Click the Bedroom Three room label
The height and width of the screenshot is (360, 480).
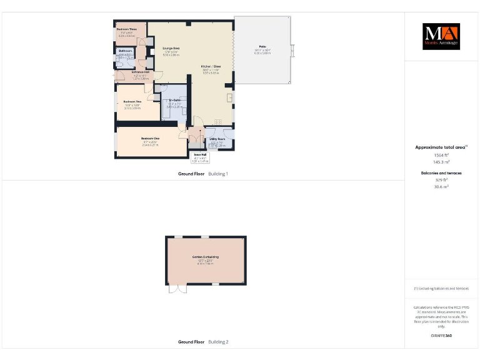pyautogui.click(x=127, y=29)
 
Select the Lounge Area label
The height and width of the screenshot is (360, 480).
pyautogui.click(x=171, y=48)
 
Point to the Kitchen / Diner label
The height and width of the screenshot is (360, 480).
pyautogui.click(x=210, y=66)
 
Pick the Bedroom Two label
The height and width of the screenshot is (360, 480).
pyautogui.click(x=132, y=101)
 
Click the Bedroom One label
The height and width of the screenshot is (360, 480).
pyautogui.click(x=151, y=138)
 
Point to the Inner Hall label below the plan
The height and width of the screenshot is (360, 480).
pyautogui.click(x=200, y=154)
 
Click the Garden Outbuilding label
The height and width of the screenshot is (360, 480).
pyautogui.click(x=205, y=257)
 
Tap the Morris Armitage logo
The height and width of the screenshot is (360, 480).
pyautogui.click(x=441, y=36)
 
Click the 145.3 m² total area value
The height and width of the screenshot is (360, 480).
pyautogui.click(x=442, y=161)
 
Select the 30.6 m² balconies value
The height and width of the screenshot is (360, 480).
pyautogui.click(x=442, y=186)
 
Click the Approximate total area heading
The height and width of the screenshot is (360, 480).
pyautogui.click(x=441, y=147)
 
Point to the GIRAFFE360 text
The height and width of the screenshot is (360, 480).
pyautogui.click(x=441, y=336)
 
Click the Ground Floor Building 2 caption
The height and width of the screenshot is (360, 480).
pyautogui.click(x=203, y=342)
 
